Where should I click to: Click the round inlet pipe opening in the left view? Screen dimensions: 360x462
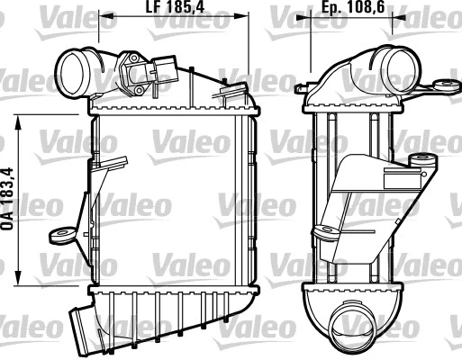click(70, 67)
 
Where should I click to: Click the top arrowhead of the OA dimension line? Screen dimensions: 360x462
click(21, 118)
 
